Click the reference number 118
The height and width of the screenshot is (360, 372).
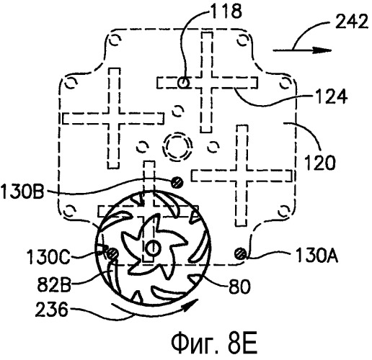point(226,12)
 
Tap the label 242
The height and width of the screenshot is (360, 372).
point(351,21)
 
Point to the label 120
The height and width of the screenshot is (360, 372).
point(320,162)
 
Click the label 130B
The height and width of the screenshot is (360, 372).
point(22,192)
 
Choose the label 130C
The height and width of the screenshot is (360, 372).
point(48,256)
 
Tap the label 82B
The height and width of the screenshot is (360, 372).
point(53,285)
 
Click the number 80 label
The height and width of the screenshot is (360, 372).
point(239,286)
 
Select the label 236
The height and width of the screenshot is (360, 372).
point(51,310)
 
